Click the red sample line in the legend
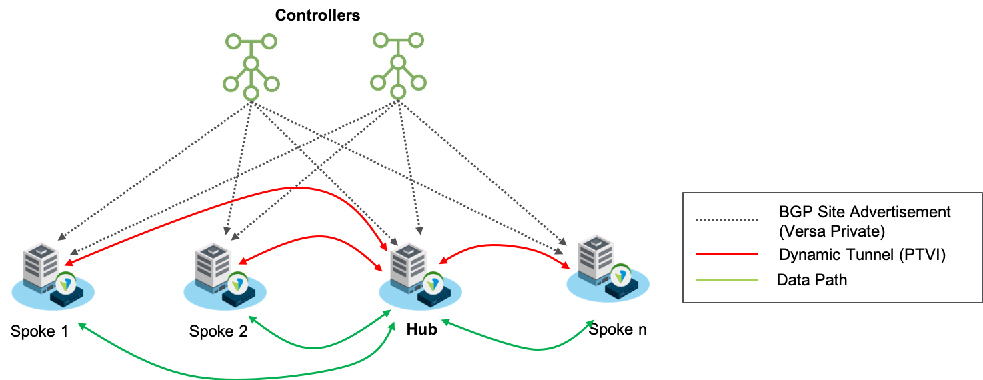[x=726, y=254]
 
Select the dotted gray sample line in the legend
[x=726, y=219]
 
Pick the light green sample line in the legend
[x=726, y=281]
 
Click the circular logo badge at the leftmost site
[x=66, y=283]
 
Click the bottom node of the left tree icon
[x=251, y=93]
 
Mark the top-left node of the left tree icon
[x=233, y=41]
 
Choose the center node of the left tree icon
[x=251, y=63]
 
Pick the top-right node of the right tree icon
[x=416, y=40]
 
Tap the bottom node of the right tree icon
[x=398, y=91]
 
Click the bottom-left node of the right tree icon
[x=378, y=83]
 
